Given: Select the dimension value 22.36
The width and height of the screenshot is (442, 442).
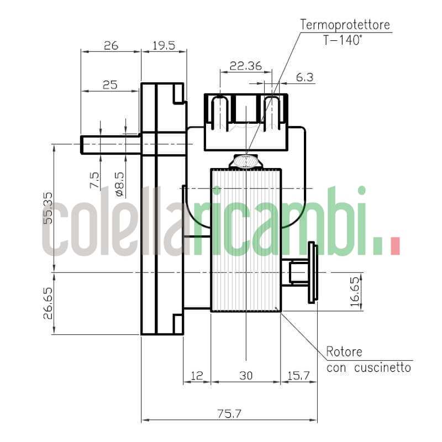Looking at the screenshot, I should pos(246,65).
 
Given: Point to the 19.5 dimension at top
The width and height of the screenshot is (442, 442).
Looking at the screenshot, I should pos(164,45).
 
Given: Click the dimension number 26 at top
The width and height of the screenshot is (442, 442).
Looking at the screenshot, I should pos(111,45).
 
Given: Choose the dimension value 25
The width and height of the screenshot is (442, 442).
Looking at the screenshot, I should pos(110,85).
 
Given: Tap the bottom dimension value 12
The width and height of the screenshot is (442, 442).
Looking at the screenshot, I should pos(197,376).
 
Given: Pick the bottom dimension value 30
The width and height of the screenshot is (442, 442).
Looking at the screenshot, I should pos(246,376).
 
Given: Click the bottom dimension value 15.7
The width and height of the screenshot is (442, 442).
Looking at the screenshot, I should pos(298,376).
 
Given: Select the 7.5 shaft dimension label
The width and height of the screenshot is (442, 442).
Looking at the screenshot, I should pos(94,180).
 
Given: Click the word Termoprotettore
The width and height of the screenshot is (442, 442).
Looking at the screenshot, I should pos(345,25).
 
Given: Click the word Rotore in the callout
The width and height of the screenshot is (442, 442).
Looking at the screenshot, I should pos(344,352).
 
